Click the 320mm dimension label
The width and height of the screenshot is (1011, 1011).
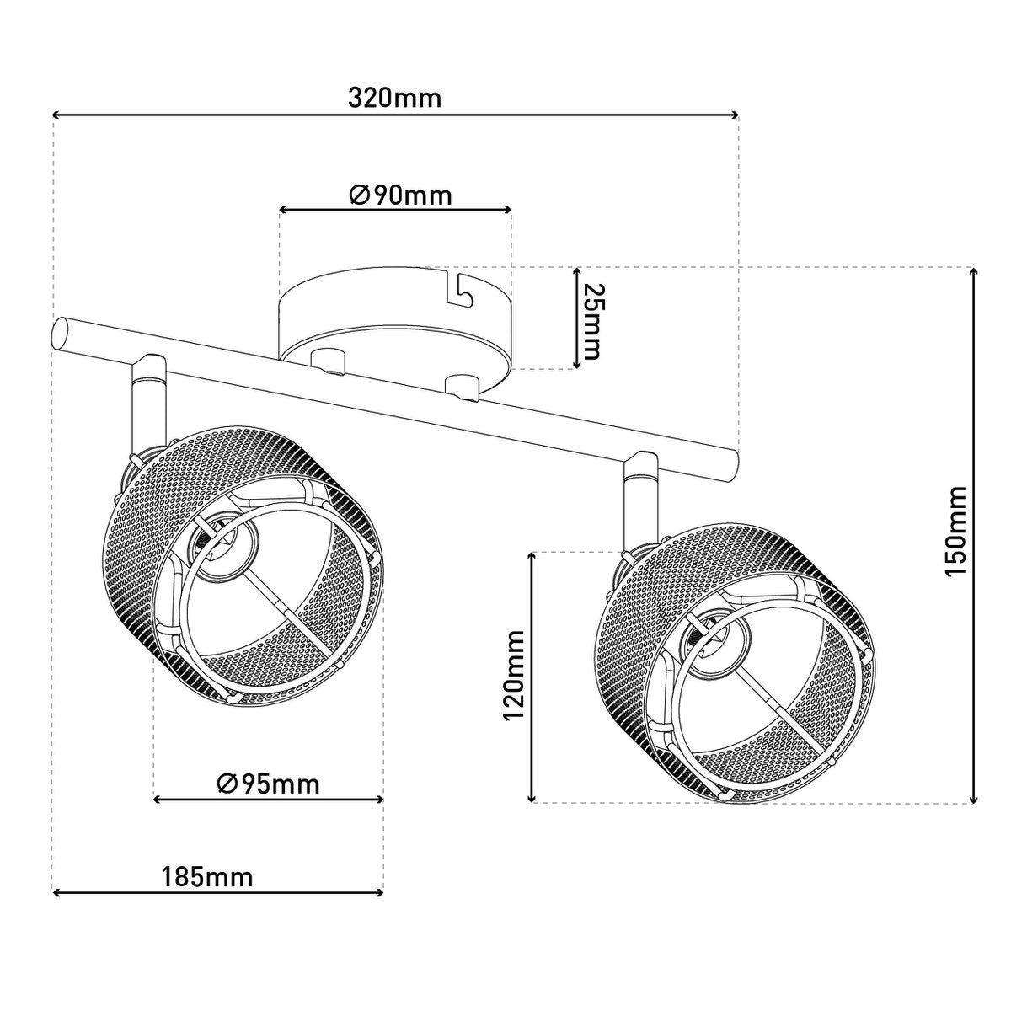pyautogui.click(x=394, y=98)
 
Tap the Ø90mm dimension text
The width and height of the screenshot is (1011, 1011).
pyautogui.click(x=400, y=195)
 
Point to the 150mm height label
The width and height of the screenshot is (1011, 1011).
pyautogui.click(x=954, y=531)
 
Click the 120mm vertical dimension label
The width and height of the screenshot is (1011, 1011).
pyautogui.click(x=513, y=677)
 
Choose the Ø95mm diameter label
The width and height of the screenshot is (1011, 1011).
pyautogui.click(x=268, y=784)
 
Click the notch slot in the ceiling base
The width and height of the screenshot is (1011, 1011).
pyautogui.click(x=461, y=288)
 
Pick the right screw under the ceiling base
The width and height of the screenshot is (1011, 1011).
pyautogui.click(x=461, y=385)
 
